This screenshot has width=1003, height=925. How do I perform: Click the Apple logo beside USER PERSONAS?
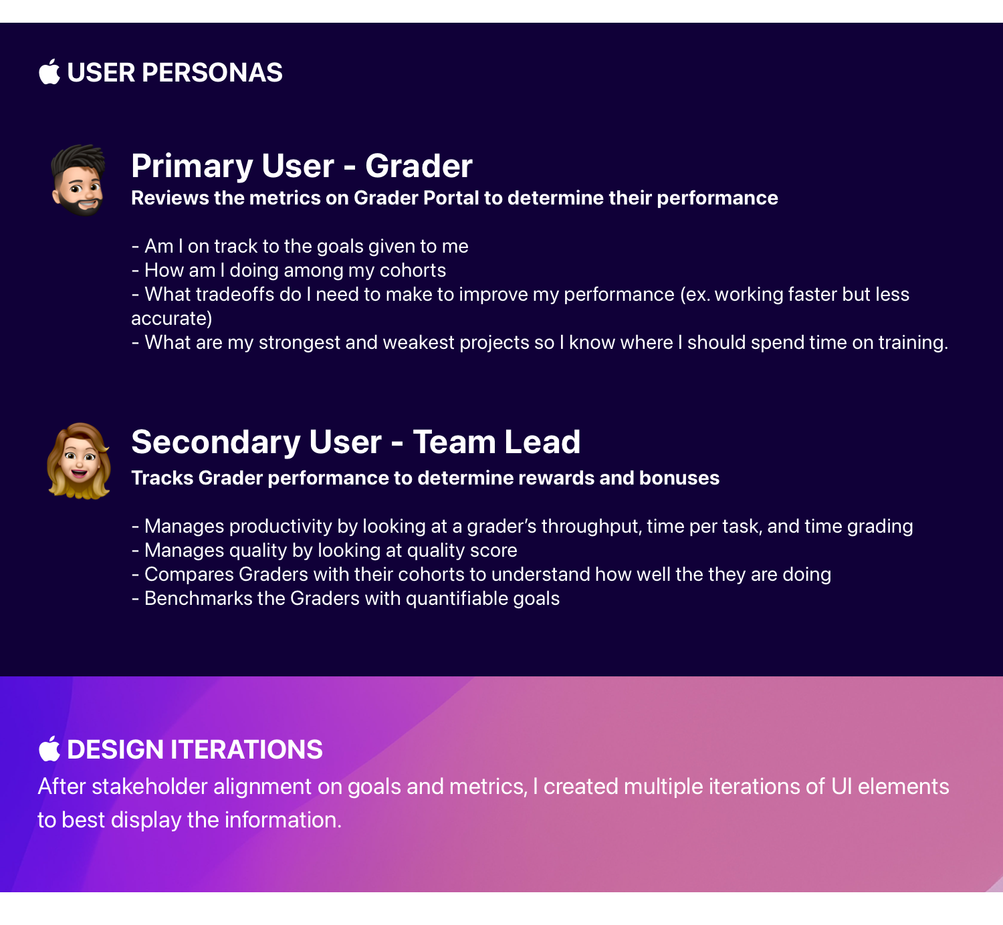click(49, 72)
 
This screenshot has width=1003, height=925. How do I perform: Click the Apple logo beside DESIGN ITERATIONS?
click(49, 749)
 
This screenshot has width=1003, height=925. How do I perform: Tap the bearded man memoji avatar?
click(78, 180)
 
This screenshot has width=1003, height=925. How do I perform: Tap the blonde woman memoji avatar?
click(79, 461)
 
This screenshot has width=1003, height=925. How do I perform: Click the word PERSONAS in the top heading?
click(212, 72)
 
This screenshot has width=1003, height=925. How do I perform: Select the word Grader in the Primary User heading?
click(419, 166)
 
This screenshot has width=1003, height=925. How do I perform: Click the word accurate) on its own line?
click(172, 319)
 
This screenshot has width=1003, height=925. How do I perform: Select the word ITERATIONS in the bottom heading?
click(247, 749)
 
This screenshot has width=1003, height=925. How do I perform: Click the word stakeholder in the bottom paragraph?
click(150, 787)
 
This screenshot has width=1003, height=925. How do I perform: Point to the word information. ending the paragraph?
click(284, 820)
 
